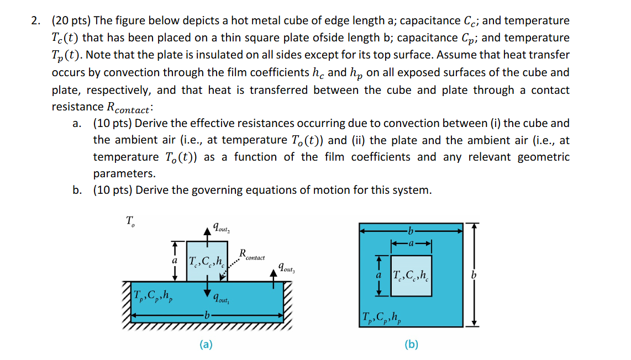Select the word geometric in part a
pyautogui.click(x=543, y=157)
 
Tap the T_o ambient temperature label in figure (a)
pyautogui.click(x=130, y=222)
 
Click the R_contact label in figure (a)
pyautogui.click(x=251, y=256)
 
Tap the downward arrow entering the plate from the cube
pyautogui.click(x=208, y=290)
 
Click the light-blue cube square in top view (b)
pyautogui.click(x=411, y=275)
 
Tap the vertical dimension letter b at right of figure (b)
pyautogui.click(x=473, y=275)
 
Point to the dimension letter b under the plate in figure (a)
pyautogui.click(x=207, y=316)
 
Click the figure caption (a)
pyautogui.click(x=206, y=345)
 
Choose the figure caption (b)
pyautogui.click(x=411, y=345)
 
